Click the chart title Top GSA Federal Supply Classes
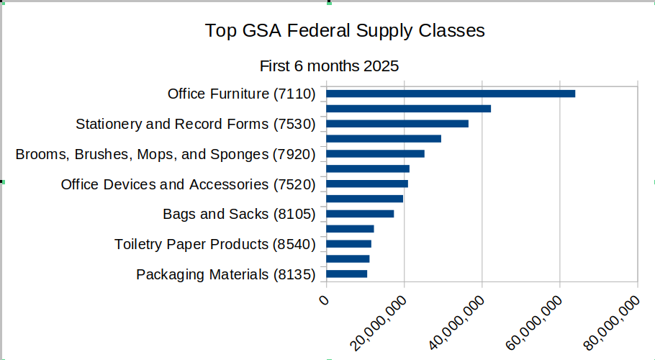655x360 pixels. click(x=345, y=31)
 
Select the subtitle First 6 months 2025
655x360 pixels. click(x=329, y=66)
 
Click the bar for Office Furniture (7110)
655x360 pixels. click(x=451, y=94)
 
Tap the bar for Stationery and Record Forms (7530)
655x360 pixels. click(x=397, y=124)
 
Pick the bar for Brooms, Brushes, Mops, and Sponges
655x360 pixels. click(x=375, y=153)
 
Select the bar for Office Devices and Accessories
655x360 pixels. click(x=367, y=184)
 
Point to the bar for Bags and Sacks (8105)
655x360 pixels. click(x=360, y=214)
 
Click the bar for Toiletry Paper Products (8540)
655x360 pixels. click(x=348, y=244)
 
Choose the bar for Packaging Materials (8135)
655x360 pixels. click(x=347, y=274)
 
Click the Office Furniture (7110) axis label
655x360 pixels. click(x=242, y=94)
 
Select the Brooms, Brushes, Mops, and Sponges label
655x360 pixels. click(x=166, y=154)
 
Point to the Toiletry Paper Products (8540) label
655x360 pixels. click(x=215, y=245)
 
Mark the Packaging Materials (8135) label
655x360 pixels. click(x=226, y=275)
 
